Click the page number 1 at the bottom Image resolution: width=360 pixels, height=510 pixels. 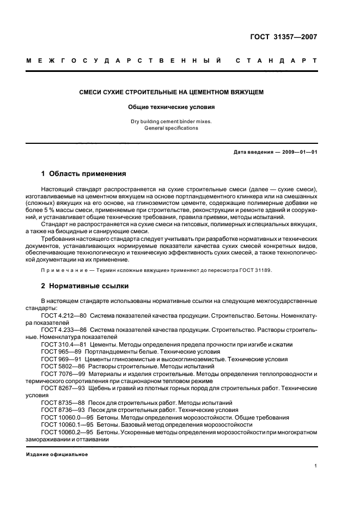[316, 466]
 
